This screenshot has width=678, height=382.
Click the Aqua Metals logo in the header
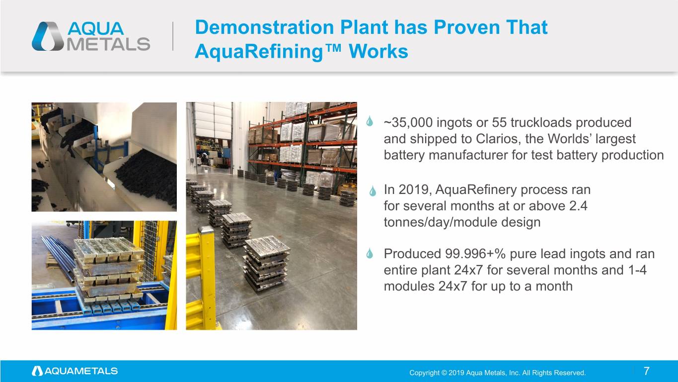[x=91, y=36]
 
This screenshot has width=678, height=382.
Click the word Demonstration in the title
[x=265, y=27]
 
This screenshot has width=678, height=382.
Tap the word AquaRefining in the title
[x=259, y=52]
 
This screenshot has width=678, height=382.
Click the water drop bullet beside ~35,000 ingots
[x=370, y=121]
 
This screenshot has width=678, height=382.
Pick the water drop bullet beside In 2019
[x=373, y=191]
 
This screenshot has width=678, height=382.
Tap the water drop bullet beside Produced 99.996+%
[x=370, y=253]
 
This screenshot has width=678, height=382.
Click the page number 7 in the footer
[x=646, y=371]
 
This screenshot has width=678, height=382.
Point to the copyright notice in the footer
[x=497, y=373]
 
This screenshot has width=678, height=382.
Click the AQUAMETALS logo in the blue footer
[x=75, y=371]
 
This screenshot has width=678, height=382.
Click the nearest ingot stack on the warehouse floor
[x=266, y=264]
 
